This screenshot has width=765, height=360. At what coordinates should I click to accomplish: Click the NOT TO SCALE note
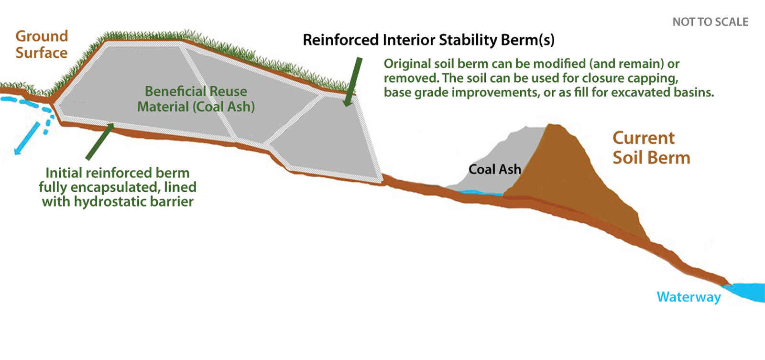tap(710, 22)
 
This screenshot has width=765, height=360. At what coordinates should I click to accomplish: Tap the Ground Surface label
tap(42, 44)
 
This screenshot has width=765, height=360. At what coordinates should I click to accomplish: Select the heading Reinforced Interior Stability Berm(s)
tap(428, 40)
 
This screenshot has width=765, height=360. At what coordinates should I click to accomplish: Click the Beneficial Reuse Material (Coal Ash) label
tap(196, 99)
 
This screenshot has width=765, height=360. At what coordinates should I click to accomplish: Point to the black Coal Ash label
tap(495, 169)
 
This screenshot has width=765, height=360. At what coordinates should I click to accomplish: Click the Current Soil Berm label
tap(651, 148)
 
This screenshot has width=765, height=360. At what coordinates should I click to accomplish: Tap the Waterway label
tap(689, 297)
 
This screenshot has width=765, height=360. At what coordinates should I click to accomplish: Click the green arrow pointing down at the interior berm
tap(353, 82)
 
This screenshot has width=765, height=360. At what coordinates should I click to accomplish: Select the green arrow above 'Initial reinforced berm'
tap(100, 142)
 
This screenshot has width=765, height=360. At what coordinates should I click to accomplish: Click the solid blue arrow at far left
tap(27, 138)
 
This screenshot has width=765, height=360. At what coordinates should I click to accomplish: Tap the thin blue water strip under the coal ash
tap(480, 193)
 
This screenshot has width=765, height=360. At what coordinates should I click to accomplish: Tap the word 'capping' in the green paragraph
tap(653, 78)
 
